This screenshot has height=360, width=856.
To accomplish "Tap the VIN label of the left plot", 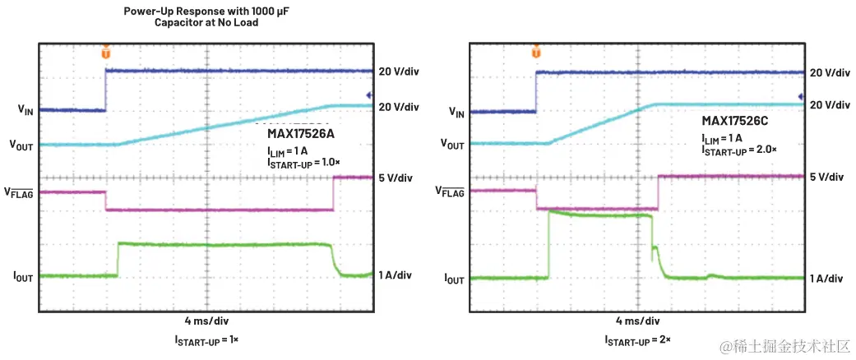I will tap(26, 109).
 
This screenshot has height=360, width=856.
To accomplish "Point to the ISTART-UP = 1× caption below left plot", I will tap(206, 339).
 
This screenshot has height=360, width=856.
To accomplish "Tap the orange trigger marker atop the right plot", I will tap(536, 52).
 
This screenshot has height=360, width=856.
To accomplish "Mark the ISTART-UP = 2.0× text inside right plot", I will tap(738, 150).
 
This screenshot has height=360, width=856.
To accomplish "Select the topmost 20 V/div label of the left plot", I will tap(398, 72).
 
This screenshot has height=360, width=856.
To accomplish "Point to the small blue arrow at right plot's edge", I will tap(800, 96).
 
